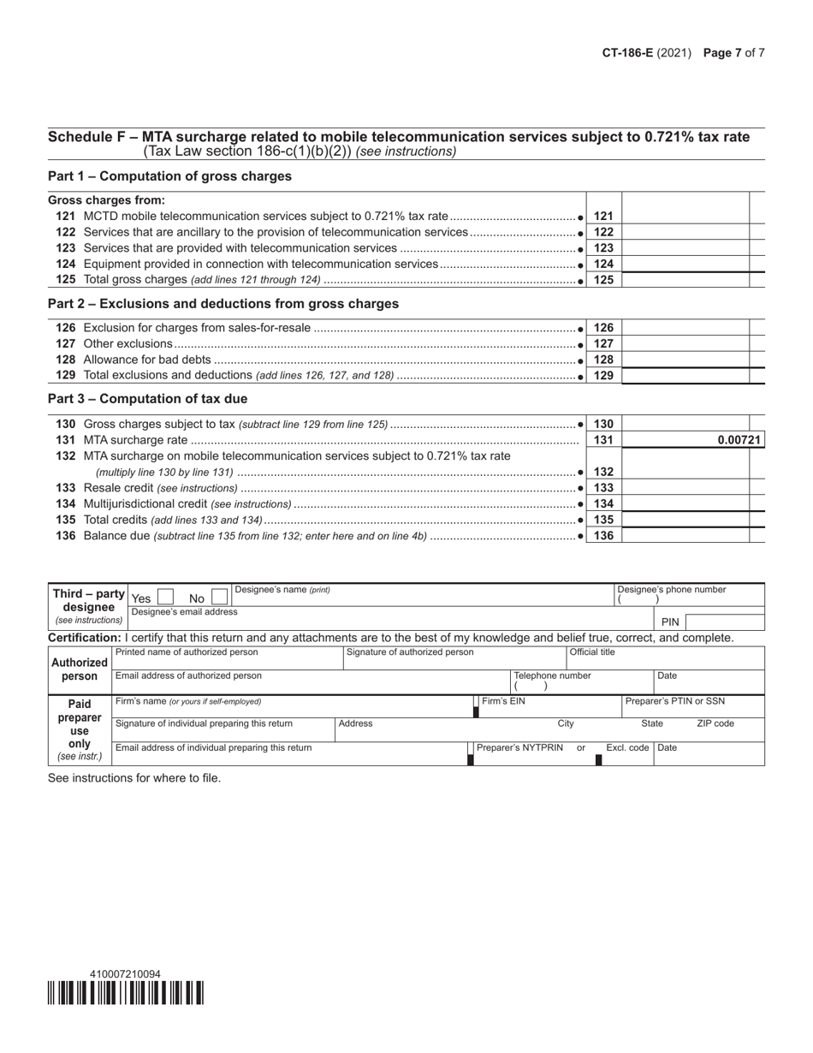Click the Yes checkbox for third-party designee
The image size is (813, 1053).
[x=165, y=597]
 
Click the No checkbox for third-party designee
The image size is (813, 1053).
[x=219, y=597]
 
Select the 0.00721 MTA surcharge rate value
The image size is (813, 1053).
[x=739, y=440]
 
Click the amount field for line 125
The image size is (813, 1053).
[x=685, y=280]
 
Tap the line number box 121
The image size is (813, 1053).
[x=603, y=217]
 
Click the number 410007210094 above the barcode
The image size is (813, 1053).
[x=124, y=974]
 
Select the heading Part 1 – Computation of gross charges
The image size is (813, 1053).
[x=169, y=176]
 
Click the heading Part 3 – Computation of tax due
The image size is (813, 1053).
[x=147, y=399]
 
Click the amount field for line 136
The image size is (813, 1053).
[x=685, y=535]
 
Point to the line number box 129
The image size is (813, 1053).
[x=603, y=375]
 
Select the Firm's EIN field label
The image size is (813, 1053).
[x=504, y=701]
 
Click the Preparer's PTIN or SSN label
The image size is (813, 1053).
[x=675, y=701]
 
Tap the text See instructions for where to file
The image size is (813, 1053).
[x=134, y=778]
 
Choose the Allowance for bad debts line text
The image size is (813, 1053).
[x=146, y=360]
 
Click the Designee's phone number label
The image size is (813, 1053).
[x=672, y=590]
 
